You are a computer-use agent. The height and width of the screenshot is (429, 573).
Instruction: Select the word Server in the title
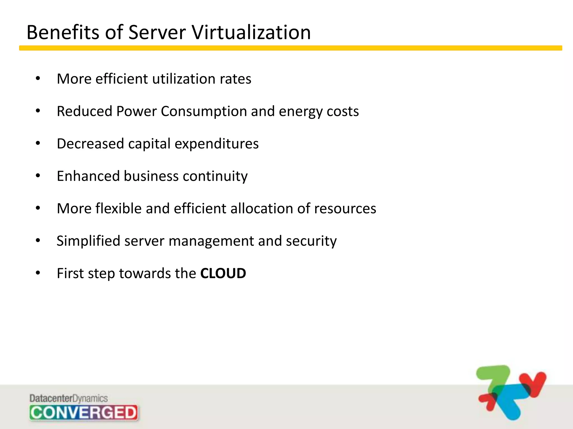click(157, 32)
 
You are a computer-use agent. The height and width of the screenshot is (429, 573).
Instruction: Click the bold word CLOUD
click(223, 273)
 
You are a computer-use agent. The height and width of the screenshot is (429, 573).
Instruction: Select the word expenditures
click(217, 144)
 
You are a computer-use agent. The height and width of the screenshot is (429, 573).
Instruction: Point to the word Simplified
click(88, 241)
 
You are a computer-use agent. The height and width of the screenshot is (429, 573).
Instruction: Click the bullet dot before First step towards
click(38, 273)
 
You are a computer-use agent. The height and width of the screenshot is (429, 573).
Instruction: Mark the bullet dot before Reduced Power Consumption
click(38, 111)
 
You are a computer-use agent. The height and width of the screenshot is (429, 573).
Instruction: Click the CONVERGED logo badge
click(83, 413)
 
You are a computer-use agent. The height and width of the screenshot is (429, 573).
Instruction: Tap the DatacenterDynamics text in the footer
click(69, 398)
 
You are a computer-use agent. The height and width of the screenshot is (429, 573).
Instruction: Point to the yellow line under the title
click(290, 48)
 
